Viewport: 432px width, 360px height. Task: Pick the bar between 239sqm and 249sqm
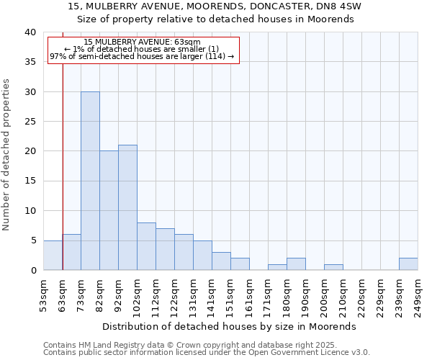pos(408,264)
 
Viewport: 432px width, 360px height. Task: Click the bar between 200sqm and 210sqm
pos(333,267)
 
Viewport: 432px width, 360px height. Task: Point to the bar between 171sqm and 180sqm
pos(277,267)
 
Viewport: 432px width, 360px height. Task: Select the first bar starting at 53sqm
pos(53,256)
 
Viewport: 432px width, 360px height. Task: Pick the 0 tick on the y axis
pos(32,270)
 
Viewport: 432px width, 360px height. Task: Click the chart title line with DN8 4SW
pos(215,6)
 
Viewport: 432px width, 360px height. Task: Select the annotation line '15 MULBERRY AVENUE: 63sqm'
pos(142,42)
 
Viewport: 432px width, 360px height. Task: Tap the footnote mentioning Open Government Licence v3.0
pos(207,353)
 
